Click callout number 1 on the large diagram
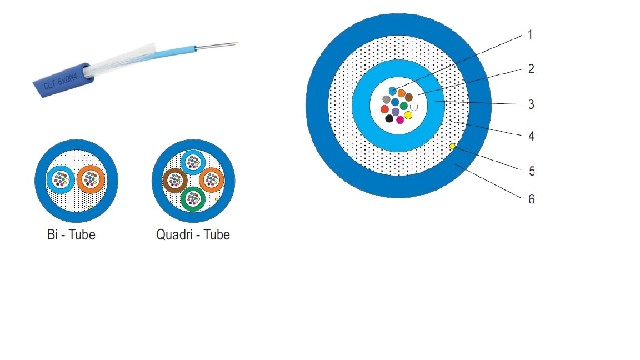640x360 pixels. tap(530, 35)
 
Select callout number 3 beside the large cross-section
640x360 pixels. tap(531, 104)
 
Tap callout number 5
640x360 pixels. tap(532, 171)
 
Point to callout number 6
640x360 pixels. tap(532, 199)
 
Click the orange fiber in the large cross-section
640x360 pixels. tap(401, 93)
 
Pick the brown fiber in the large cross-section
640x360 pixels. tap(409, 97)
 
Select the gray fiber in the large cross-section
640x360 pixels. tap(386, 99)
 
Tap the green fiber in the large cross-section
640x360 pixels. tap(404, 106)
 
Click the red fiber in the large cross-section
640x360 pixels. tap(384, 109)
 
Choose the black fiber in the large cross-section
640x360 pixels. tap(389, 118)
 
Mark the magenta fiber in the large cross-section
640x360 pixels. tap(400, 119)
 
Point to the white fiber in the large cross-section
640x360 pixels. tap(413, 106)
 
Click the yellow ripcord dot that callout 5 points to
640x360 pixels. tap(452, 147)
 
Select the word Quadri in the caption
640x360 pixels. tap(173, 235)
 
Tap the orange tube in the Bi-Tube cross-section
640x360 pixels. tap(91, 178)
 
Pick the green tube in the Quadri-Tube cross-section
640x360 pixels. tap(193, 198)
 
